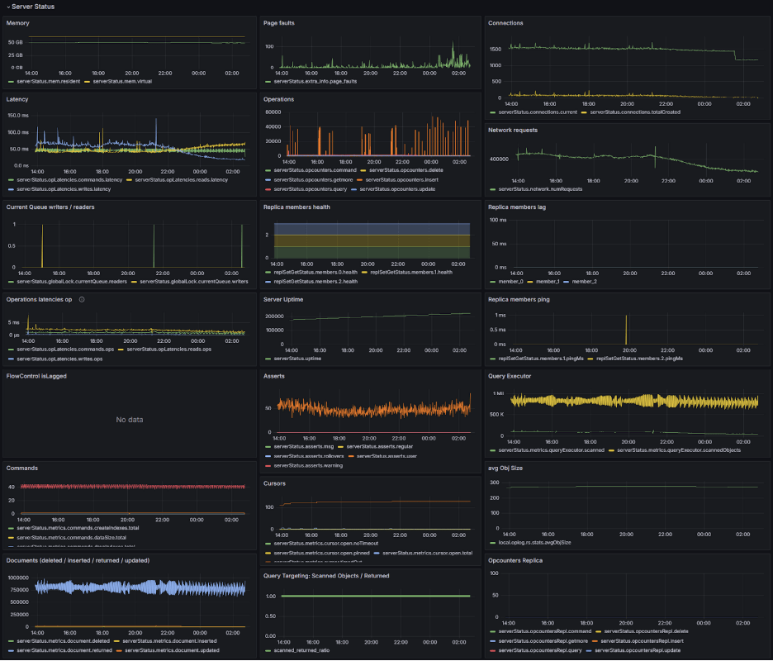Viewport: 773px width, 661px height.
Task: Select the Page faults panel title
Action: pos(278,23)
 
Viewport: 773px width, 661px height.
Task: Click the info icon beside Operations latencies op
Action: pos(82,299)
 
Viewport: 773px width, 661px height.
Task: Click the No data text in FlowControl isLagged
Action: pos(130,420)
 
